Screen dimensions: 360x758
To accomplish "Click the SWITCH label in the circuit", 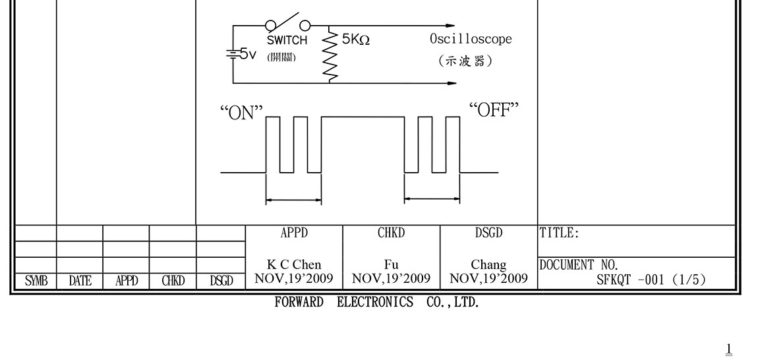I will point(287,40).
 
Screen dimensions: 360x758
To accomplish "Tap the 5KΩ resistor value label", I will point(356,40).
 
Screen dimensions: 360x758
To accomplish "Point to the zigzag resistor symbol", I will point(329,57).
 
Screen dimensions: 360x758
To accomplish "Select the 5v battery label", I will point(247,54).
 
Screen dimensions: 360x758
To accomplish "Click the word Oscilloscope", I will point(471,39).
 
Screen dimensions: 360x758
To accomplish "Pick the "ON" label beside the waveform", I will point(241,113).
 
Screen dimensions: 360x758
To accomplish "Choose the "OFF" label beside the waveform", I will point(494,110).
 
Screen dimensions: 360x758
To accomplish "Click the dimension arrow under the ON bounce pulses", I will point(293,200).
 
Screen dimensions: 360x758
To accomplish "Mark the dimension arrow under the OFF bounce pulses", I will point(432,198).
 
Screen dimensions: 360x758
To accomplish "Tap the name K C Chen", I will point(294,265).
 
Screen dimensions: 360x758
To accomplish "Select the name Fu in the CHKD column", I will point(392,265).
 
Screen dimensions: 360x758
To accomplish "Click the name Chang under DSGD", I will point(488,265).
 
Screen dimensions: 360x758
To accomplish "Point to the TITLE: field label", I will point(560,233).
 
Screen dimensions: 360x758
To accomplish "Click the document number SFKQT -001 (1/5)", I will point(651,280).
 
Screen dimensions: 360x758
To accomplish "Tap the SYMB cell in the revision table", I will point(36,282).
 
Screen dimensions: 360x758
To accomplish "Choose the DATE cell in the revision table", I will point(80,282).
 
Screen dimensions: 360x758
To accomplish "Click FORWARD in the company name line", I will point(299,303).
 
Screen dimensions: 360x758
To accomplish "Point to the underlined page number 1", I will point(729,349).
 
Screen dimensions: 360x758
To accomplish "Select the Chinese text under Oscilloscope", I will point(465,61).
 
